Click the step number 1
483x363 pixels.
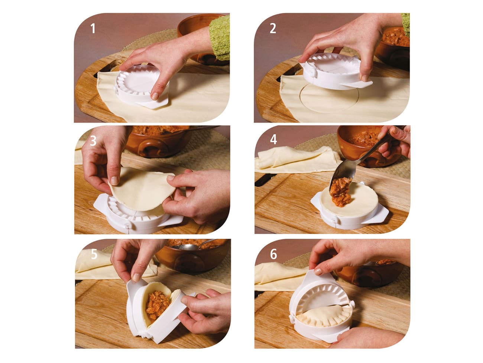[x=93, y=28]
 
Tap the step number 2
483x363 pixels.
[x=273, y=28]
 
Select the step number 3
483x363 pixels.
[x=93, y=141]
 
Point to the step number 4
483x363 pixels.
[x=273, y=140]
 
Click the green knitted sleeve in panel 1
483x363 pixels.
[x=219, y=35]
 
